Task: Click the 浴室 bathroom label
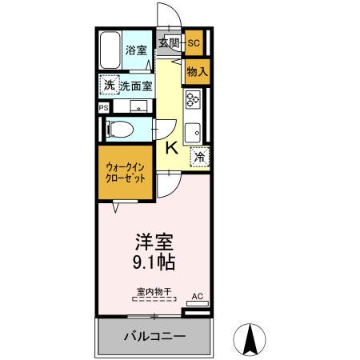136,50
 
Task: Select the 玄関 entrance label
168,43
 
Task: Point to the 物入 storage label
197,71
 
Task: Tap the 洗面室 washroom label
136,86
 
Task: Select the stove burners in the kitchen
193,98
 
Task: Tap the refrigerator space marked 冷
198,158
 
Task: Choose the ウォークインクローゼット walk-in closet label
126,173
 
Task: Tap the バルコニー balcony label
154,337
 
